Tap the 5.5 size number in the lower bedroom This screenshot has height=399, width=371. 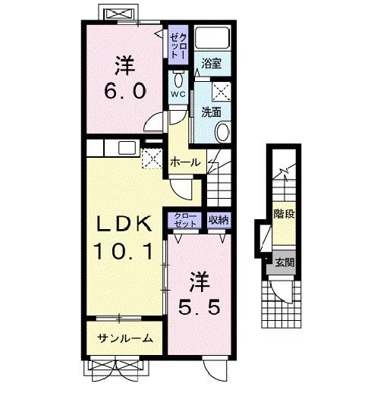pos(199,309)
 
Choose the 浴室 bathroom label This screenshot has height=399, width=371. pos(211,65)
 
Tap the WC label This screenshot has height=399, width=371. pos(176,94)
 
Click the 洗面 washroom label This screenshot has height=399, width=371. pos(211,112)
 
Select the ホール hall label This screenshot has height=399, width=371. pos(185,162)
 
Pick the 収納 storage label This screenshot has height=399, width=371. pos(219,220)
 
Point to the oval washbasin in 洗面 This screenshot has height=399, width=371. pos(222,134)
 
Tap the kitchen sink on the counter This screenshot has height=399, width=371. pos(127,147)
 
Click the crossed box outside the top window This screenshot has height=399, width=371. pos(117,15)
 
